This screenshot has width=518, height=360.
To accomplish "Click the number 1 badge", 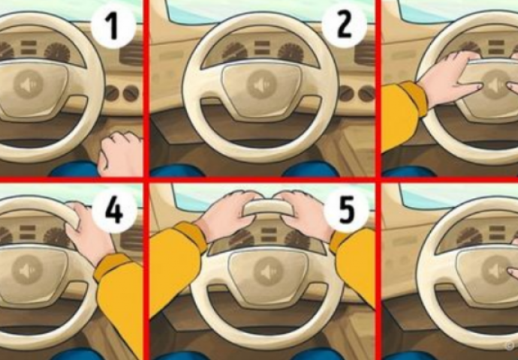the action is tap(113, 26).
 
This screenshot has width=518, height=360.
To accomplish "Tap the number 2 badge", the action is tap(344, 26).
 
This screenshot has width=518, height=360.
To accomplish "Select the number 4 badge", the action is tap(114, 211).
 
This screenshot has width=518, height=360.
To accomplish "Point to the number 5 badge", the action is tap(346, 211).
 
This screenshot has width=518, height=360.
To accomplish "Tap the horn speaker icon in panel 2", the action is tap(261, 85).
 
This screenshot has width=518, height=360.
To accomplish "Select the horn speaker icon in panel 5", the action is tap(268, 271).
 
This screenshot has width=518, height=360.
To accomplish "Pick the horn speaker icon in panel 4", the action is tap(27, 270).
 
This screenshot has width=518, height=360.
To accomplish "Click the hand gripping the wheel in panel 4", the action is tap(88, 231).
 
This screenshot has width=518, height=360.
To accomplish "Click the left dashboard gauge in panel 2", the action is tap(235, 51).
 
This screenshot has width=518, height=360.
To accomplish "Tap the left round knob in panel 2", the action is tap(346, 94).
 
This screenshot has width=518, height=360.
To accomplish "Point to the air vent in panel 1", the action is tap(131, 55).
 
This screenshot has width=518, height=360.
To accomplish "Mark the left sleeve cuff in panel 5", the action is tap(191, 237).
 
